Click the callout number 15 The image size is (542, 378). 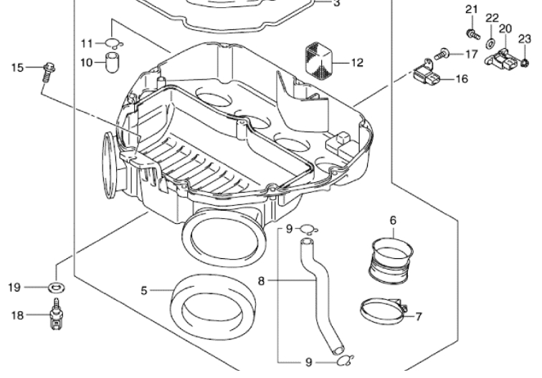pyautogui.click(x=16, y=67)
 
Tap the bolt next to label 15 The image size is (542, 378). pyautogui.click(x=48, y=70)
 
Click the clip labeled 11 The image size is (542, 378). pyautogui.click(x=113, y=42)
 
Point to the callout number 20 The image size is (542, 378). pyautogui.click(x=505, y=29)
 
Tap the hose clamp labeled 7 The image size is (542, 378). pyautogui.click(x=383, y=311)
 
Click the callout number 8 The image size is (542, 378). pyautogui.click(x=262, y=281)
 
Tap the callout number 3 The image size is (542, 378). pyautogui.click(x=337, y=3)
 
